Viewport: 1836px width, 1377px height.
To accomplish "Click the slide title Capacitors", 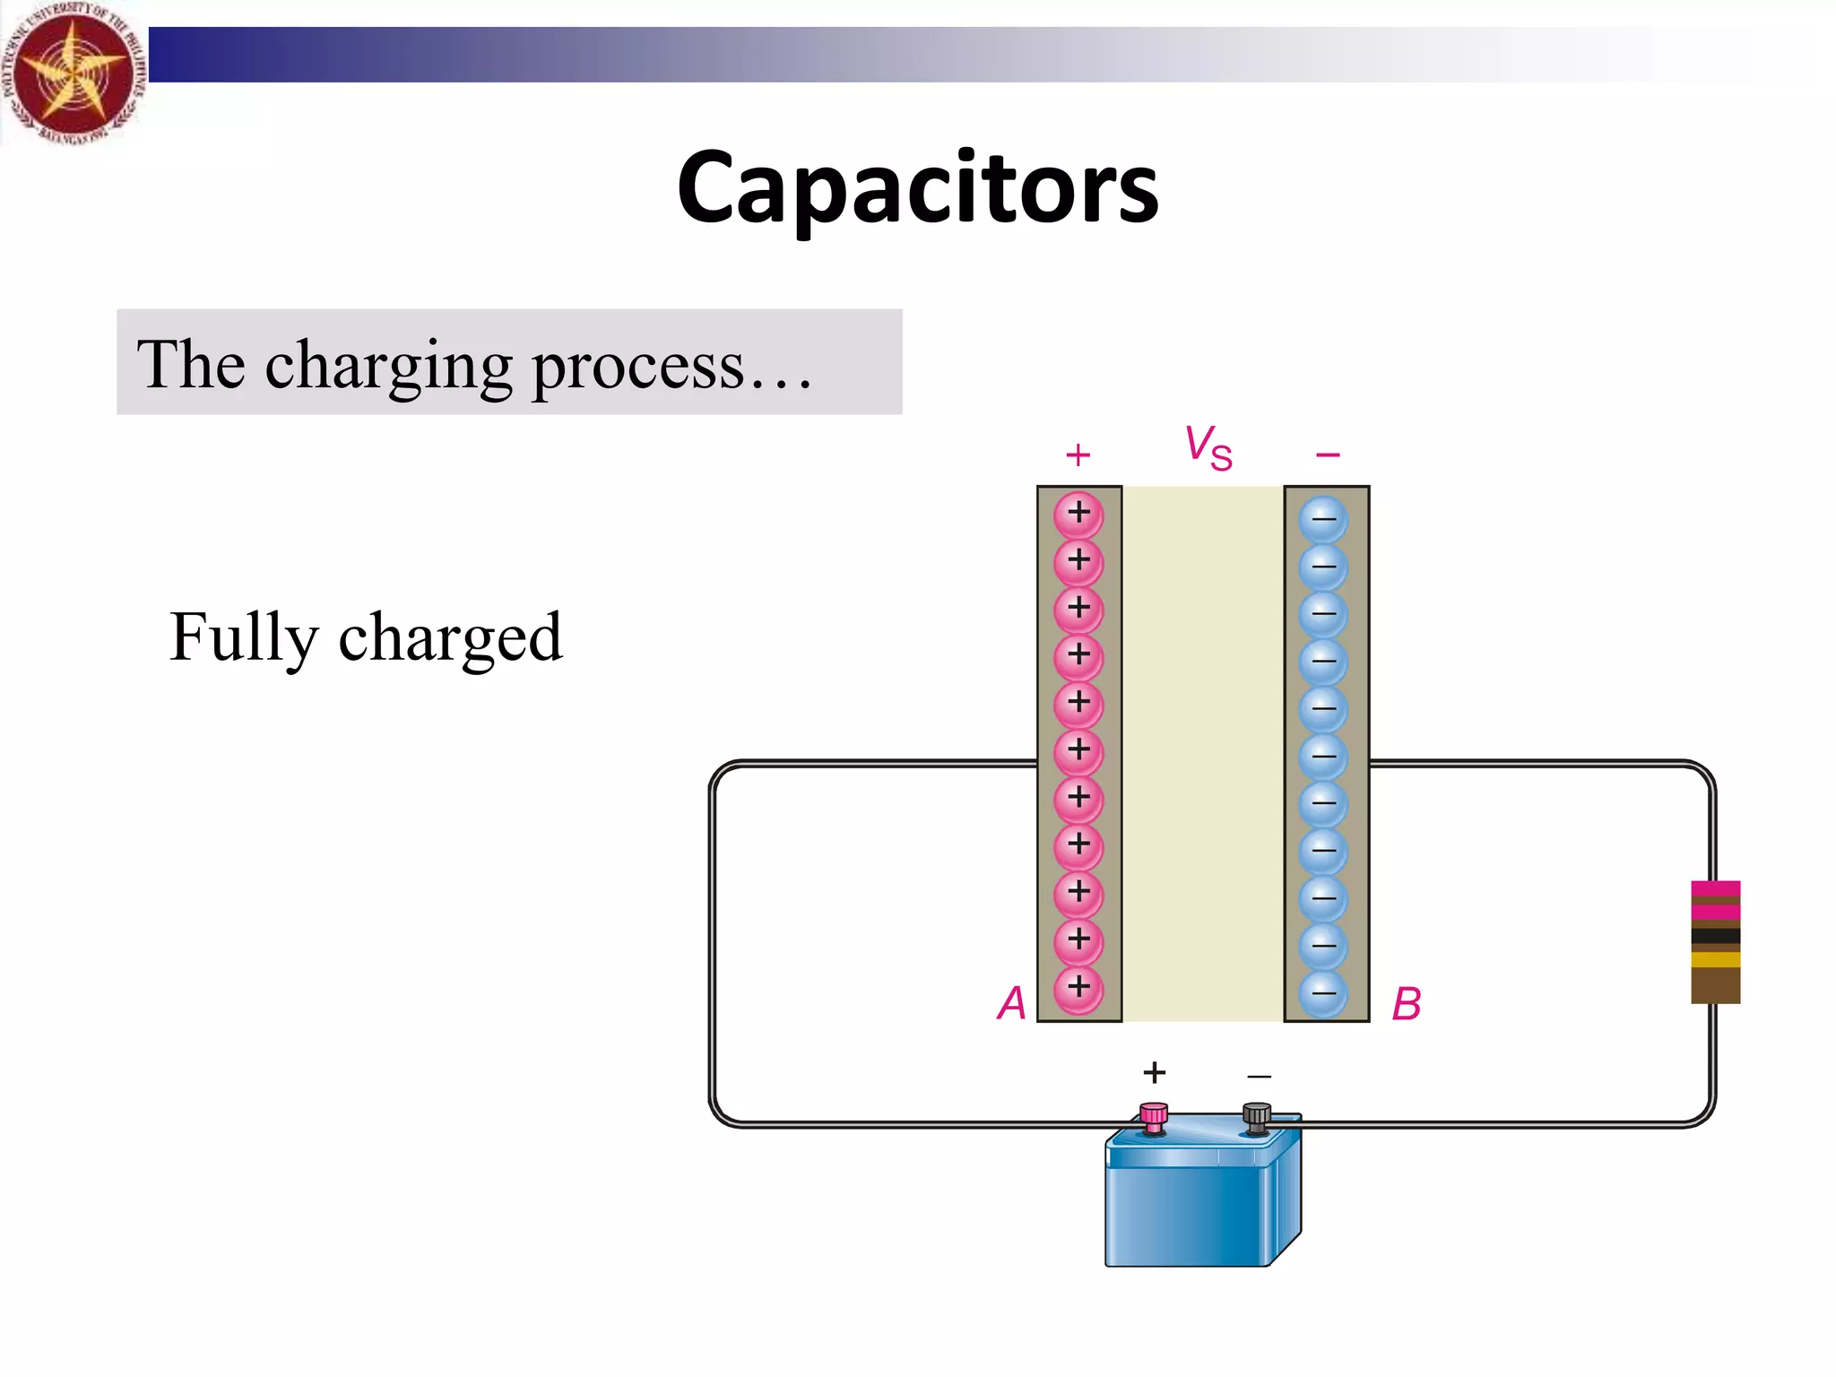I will tap(917, 187).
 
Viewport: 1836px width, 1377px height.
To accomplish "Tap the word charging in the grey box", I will tap(388, 366).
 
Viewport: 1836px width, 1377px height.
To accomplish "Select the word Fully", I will tap(244, 637).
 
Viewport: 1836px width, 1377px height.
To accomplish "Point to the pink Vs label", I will tap(1208, 446).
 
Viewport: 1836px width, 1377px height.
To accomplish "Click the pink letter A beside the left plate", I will tap(1012, 1003).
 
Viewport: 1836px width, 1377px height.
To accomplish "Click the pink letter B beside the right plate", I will tap(1406, 1004).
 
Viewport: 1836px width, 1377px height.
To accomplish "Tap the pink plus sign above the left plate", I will tap(1078, 455).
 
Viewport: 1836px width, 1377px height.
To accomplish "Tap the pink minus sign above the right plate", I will tap(1328, 455).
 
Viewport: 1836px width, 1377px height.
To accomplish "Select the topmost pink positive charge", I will tap(1078, 514).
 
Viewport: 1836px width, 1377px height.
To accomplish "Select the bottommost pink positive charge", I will tap(1078, 987).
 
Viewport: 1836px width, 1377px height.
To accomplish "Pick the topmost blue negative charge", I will tap(1323, 519).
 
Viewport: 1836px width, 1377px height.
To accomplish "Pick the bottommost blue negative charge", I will tap(1323, 993).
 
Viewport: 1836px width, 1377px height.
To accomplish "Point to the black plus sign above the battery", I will tap(1155, 1072).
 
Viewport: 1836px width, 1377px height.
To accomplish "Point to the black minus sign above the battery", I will tap(1259, 1076).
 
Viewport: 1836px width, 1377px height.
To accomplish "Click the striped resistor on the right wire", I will tap(1715, 941).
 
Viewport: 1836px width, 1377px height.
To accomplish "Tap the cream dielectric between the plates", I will tap(1203, 753).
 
